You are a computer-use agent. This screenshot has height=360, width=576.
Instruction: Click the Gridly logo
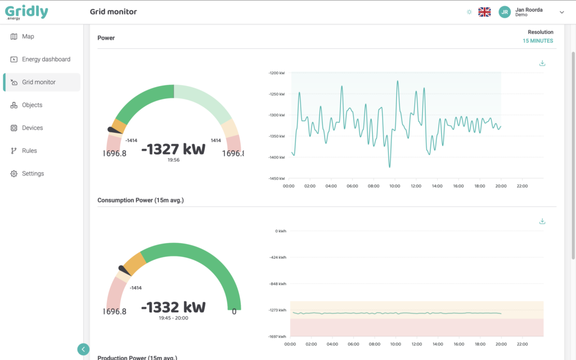(x=26, y=12)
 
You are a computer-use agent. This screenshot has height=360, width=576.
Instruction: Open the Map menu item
(x=28, y=37)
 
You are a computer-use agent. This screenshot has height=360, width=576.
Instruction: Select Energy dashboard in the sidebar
(x=46, y=59)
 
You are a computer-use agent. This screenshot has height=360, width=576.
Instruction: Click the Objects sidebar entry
(x=32, y=105)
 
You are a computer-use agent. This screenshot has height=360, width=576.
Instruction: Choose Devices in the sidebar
(x=32, y=128)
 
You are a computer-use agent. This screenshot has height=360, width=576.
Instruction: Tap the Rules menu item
(x=29, y=151)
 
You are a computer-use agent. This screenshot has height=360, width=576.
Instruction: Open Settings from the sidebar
(x=33, y=174)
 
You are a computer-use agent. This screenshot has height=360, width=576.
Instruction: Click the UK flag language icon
(x=484, y=12)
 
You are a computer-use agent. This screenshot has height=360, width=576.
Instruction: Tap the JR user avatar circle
(x=505, y=12)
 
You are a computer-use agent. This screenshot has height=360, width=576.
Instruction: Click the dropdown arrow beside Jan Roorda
(x=561, y=12)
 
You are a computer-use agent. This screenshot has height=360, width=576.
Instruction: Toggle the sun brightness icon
(x=469, y=12)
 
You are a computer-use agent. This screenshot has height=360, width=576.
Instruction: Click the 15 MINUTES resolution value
(x=538, y=41)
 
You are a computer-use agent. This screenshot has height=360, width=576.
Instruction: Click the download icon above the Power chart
(x=542, y=63)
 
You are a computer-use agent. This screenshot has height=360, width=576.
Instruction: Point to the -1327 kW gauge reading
(x=173, y=150)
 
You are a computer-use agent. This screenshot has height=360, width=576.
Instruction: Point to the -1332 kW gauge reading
(x=173, y=308)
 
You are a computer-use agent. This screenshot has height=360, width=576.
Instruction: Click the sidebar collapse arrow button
(x=83, y=349)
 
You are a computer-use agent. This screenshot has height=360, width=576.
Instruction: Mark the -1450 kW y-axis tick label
(x=276, y=179)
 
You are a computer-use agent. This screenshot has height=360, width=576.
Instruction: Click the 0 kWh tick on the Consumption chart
(x=280, y=231)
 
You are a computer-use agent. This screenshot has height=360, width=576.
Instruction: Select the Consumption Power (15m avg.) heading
(x=141, y=200)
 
